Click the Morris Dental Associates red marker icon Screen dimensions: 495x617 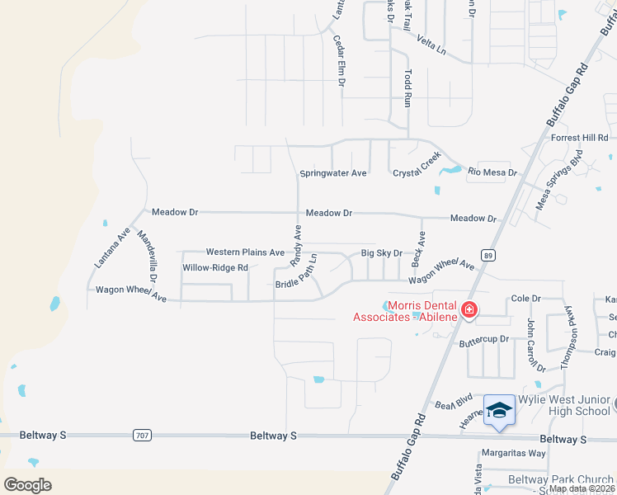469,310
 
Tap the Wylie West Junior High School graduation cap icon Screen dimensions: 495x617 499,410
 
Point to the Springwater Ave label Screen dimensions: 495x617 332,173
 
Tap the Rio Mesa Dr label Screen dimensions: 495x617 492,172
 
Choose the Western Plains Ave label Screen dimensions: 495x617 245,252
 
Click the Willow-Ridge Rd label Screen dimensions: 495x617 215,267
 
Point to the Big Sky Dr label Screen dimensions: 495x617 381,253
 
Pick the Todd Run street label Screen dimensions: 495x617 407,88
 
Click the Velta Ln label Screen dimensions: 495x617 431,45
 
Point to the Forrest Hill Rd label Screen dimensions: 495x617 579,138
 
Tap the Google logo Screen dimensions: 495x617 27,484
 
